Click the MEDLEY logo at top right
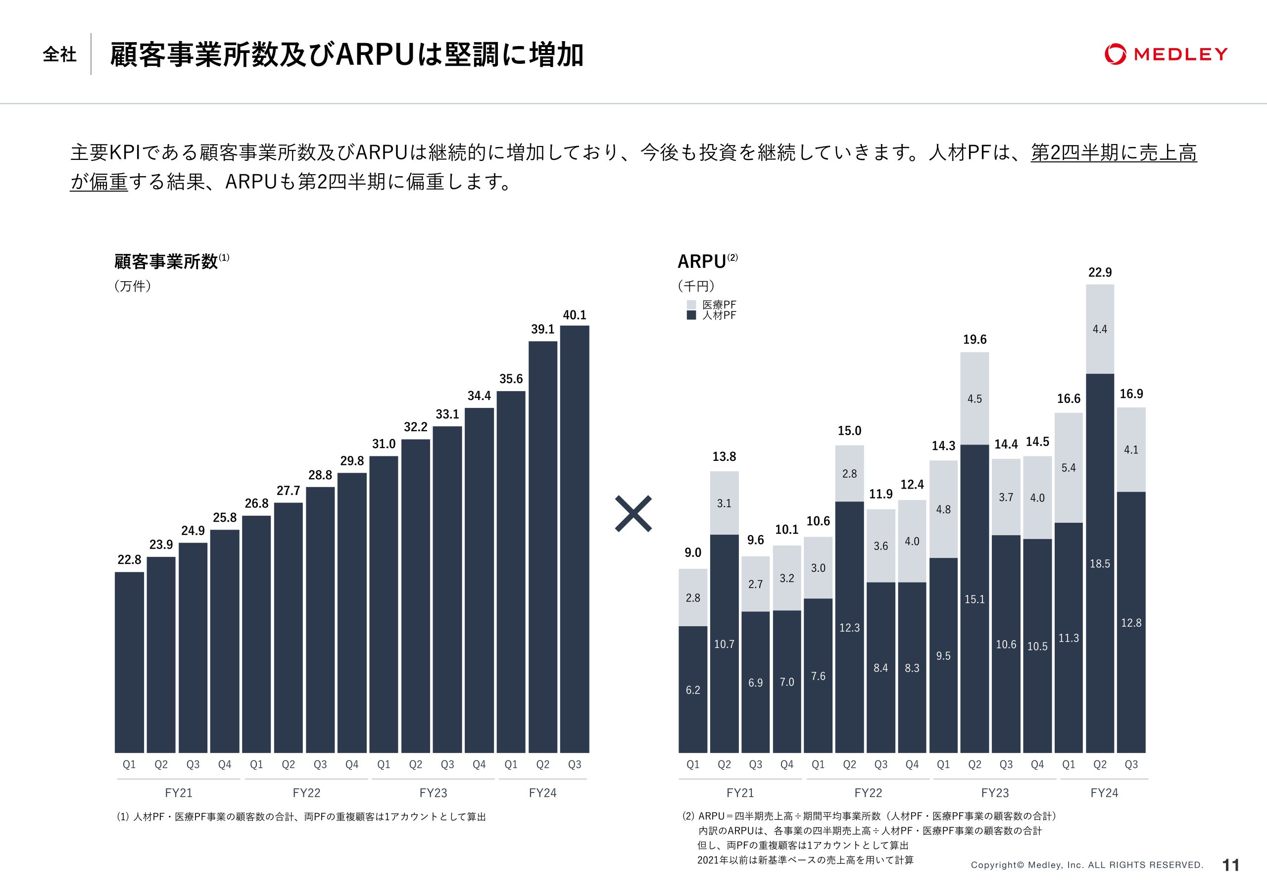point(1166,54)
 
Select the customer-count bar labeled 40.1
point(575,538)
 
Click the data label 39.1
point(542,329)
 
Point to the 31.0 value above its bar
point(384,444)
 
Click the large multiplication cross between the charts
point(633,514)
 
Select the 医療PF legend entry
point(711,305)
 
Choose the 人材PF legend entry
point(711,315)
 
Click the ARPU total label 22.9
point(1100,272)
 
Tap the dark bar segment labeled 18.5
point(1100,563)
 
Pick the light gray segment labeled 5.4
point(1069,468)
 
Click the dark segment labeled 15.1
point(975,598)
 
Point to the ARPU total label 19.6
point(975,340)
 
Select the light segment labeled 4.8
point(943,509)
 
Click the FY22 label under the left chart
point(306,793)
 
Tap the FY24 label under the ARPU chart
point(1104,793)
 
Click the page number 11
point(1231,864)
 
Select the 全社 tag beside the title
point(59,54)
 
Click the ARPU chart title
point(702,261)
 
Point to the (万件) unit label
point(133,286)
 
